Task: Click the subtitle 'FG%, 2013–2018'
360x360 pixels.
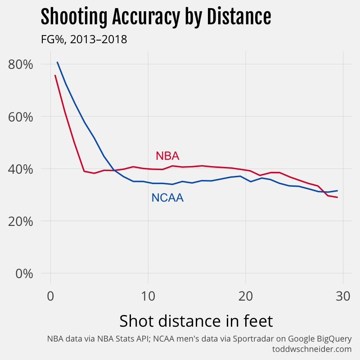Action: point(84,40)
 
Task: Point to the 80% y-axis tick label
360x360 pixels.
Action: point(21,64)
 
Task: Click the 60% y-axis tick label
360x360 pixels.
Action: point(21,117)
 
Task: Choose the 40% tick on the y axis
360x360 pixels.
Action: point(21,169)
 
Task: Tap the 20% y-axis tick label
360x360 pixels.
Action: point(21,221)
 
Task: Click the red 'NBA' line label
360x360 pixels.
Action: point(167,156)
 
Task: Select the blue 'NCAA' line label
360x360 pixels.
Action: point(167,198)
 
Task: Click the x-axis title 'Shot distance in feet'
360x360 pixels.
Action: point(196,321)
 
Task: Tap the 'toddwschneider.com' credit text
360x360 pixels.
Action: point(312,349)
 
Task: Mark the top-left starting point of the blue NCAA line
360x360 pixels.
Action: point(57,62)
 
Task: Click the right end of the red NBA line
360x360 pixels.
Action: point(337,197)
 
